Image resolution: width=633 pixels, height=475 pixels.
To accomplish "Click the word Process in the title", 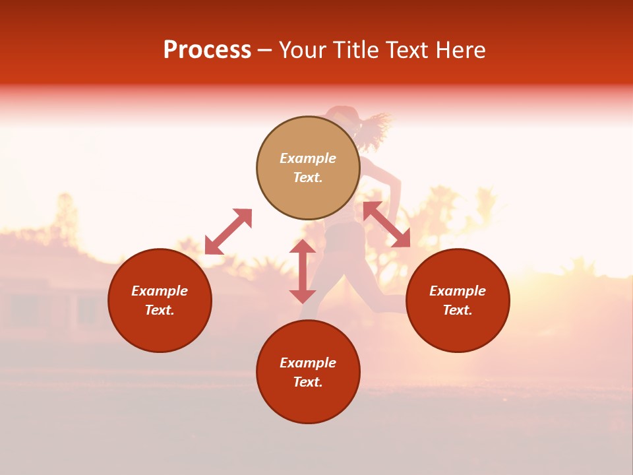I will point(207,50).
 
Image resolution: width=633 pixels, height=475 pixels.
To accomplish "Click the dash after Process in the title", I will point(265,51).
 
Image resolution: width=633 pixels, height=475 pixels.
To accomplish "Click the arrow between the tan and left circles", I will point(229,231).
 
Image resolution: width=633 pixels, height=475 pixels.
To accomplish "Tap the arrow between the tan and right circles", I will point(386,224).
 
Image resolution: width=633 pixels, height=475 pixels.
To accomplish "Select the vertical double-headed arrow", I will point(303,271).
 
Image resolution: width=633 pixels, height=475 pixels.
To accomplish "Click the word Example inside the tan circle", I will point(308,158).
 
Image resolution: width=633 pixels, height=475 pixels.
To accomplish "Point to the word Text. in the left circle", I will point(160,310).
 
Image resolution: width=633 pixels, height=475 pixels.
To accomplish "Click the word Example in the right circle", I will point(458,291).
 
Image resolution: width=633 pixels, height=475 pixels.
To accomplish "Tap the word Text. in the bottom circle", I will point(308,382).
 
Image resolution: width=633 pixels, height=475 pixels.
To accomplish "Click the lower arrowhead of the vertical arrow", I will point(303,295).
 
